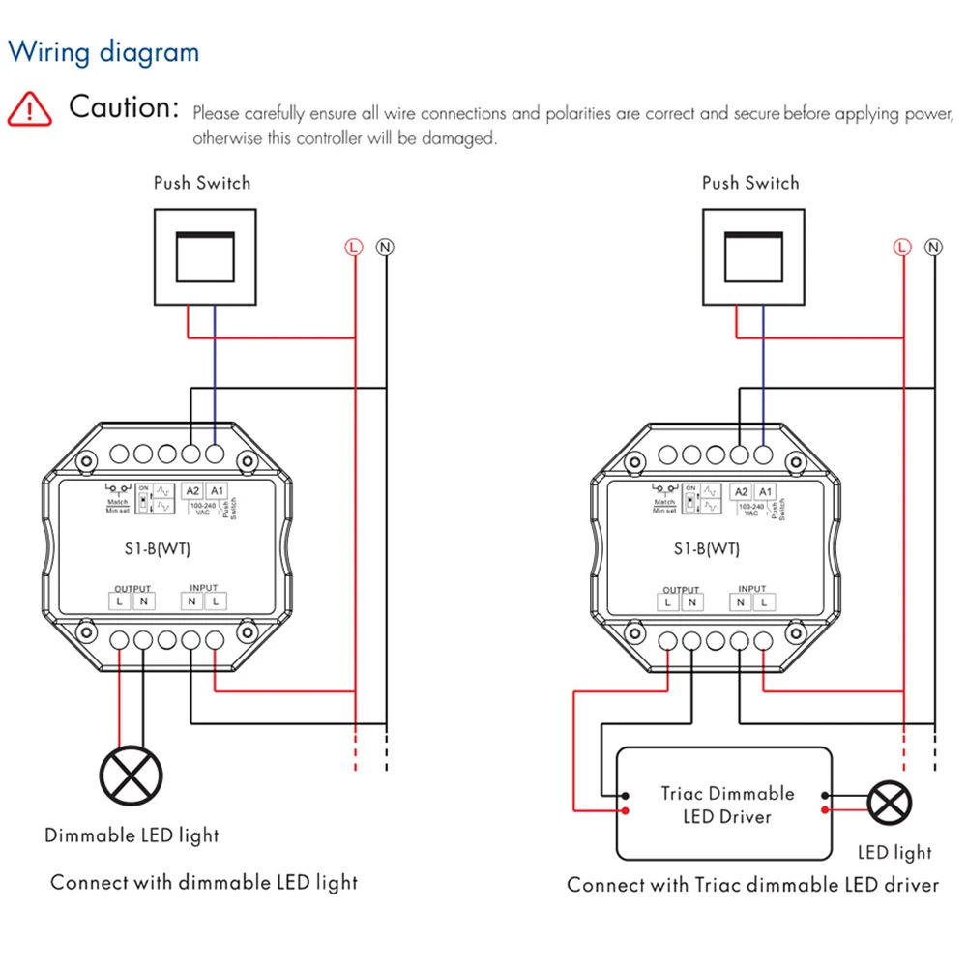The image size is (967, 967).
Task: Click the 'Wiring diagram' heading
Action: [x=103, y=52]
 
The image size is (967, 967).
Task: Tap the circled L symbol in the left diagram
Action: [x=354, y=248]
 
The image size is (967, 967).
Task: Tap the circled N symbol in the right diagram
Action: [x=933, y=248]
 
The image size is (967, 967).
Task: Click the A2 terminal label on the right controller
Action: [x=741, y=492]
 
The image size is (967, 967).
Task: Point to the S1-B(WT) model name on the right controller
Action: [x=707, y=549]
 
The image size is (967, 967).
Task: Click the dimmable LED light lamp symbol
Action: [x=132, y=775]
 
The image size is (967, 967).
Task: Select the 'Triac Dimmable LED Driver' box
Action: [x=724, y=804]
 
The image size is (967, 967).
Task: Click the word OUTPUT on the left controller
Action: [x=132, y=588]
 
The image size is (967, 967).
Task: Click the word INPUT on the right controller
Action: [x=751, y=588]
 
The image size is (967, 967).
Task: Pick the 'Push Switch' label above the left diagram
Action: [x=202, y=183]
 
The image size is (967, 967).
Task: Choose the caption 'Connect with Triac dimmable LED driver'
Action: [x=752, y=884]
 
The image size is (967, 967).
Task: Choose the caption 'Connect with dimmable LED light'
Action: [x=204, y=882]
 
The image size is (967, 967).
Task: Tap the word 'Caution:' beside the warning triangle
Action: [x=125, y=107]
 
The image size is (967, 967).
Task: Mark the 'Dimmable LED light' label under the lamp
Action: [x=132, y=835]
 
